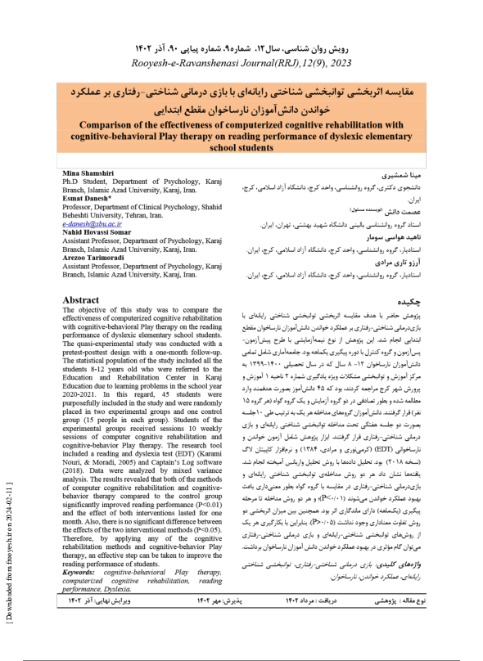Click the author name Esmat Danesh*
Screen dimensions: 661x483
[x=88, y=199]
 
